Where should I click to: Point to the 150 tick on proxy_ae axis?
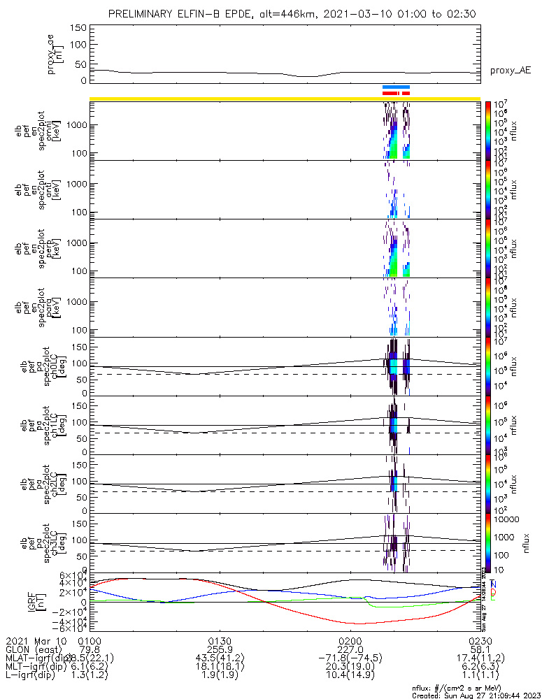coord(78,28)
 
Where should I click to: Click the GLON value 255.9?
coord(220,650)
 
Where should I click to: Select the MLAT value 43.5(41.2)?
coord(220,659)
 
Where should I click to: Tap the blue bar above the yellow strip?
coord(395,87)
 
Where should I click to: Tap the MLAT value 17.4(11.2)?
coord(480,659)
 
